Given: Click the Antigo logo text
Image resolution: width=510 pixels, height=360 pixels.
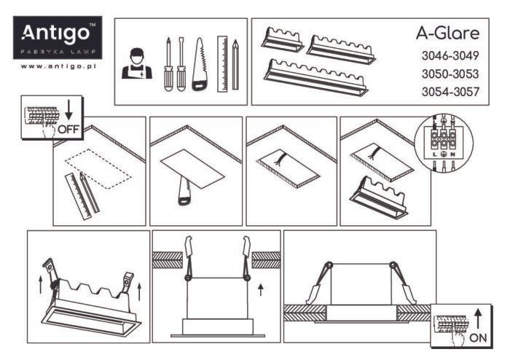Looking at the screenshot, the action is (55, 33).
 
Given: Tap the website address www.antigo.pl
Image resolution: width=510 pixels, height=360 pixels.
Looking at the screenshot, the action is (58, 66).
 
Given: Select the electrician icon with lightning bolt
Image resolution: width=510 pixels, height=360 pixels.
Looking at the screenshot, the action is (137, 63).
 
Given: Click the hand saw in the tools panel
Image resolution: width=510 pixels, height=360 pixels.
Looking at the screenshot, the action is (200, 64).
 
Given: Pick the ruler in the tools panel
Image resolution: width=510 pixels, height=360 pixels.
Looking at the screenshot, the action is (222, 63).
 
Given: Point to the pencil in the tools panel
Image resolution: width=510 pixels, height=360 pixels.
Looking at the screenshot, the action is (235, 64).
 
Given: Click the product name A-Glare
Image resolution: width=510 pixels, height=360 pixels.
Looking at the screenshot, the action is (448, 34).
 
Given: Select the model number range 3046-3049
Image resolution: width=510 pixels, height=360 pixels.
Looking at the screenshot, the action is (450, 55).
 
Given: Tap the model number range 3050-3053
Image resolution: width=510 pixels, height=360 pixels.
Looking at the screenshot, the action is (450, 74).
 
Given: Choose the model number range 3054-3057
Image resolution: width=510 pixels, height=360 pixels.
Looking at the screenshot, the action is (450, 92).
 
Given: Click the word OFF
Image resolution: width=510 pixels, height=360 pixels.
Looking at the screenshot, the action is (68, 130).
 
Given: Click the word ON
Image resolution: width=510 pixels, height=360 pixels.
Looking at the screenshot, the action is (478, 338).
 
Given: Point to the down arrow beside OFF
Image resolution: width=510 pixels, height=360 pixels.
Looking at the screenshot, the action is (68, 111).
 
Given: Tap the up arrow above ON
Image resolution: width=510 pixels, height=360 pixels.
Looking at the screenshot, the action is (478, 318).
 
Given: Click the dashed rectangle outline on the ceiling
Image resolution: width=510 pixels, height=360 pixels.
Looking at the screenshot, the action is (98, 168).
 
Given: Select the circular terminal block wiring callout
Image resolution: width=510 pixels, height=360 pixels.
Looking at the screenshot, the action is (444, 142).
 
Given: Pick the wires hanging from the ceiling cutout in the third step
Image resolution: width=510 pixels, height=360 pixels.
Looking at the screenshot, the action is (278, 159).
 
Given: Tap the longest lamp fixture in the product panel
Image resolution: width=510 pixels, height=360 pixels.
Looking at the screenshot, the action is (315, 77).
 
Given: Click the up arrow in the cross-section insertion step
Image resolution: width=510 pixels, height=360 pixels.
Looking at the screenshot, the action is (260, 290).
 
